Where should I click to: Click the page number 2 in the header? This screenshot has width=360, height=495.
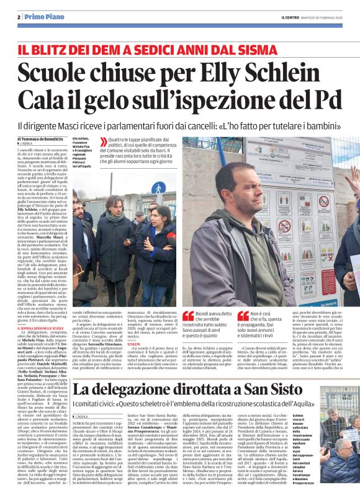pyautogui.click(x=19, y=17)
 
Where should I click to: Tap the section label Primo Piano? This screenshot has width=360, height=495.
pyautogui.click(x=42, y=17)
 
